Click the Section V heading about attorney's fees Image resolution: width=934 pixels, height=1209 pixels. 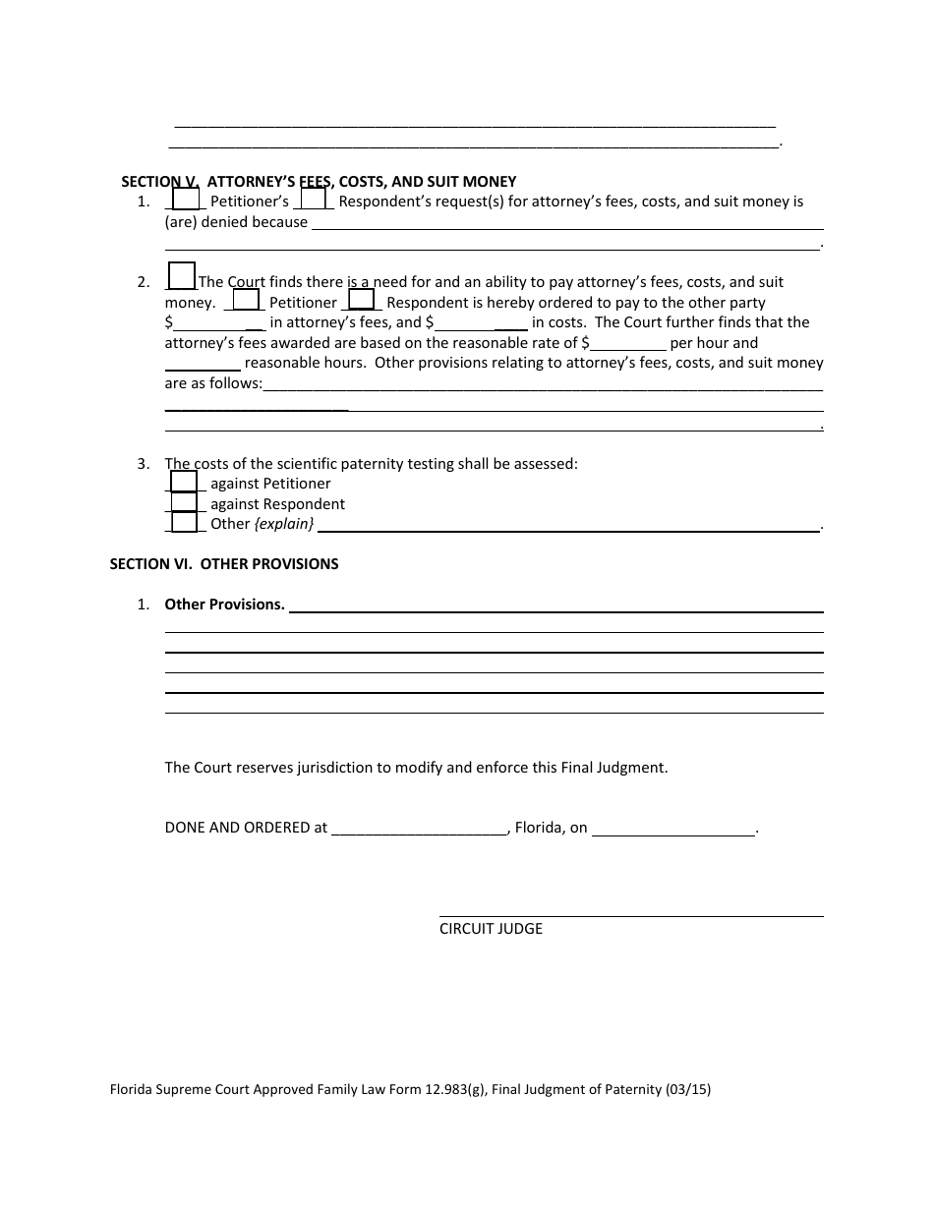[x=319, y=182]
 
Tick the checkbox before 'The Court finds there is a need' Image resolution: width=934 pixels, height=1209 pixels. [x=182, y=276]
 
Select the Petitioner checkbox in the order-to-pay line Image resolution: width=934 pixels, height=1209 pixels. [x=246, y=300]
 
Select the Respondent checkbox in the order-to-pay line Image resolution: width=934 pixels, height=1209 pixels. [x=362, y=300]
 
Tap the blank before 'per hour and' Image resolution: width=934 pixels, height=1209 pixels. [x=628, y=343]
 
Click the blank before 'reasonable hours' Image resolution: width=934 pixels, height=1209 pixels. [x=202, y=363]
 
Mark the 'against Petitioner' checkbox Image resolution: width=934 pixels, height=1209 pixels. [x=184, y=482]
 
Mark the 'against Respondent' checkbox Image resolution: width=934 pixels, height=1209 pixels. [x=184, y=502]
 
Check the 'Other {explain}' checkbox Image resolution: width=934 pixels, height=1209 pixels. [x=184, y=523]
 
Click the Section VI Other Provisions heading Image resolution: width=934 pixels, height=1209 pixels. [x=224, y=564]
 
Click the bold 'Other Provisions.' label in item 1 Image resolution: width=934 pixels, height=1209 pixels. [x=224, y=604]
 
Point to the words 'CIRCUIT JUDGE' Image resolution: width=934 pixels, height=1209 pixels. [x=491, y=929]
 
